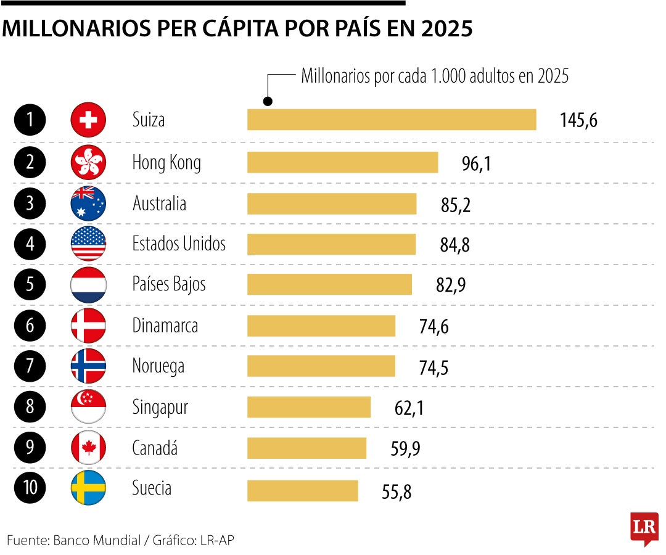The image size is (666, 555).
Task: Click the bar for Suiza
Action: point(392,120)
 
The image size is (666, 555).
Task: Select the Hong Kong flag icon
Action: point(89,163)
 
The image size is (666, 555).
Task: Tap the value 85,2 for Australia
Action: point(456,205)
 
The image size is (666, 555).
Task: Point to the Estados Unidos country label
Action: point(179,244)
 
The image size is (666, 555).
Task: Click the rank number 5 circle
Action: point(30,285)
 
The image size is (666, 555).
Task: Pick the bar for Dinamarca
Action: point(321,326)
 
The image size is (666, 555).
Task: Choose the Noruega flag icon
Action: point(89,366)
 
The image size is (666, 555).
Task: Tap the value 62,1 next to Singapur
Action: point(409,408)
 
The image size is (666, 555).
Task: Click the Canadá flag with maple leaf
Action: point(89,448)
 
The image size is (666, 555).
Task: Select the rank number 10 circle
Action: point(30,488)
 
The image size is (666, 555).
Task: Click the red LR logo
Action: point(644,528)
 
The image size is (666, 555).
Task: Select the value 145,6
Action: point(578,120)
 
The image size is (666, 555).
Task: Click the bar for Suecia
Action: point(302,491)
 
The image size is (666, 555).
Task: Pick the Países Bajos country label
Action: point(169,284)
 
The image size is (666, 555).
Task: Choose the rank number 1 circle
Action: point(30,120)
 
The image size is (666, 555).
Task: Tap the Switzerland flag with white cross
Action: point(89,120)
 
